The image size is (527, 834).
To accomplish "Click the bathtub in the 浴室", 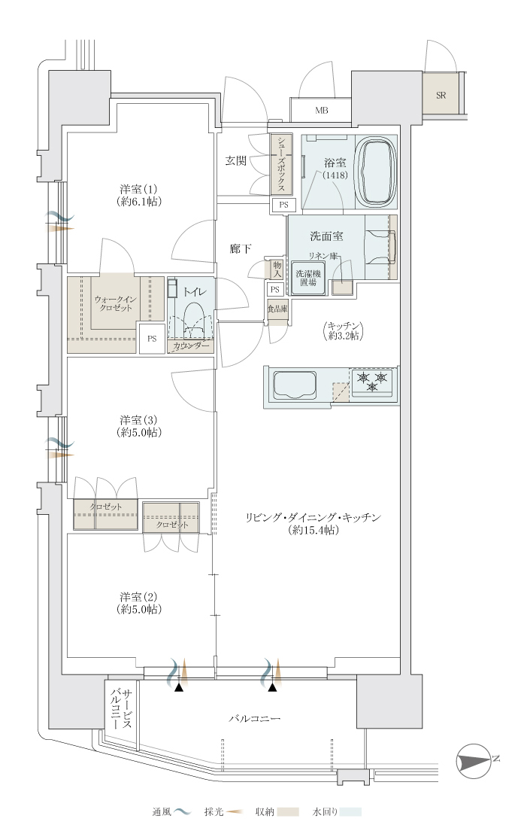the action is coord(377,172).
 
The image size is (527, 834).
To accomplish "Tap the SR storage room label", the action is coord(441,96).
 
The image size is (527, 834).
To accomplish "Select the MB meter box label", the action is coord(322,111).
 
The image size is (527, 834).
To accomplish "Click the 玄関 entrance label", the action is coord(235,160).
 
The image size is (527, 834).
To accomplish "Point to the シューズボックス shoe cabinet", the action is coord(280,164).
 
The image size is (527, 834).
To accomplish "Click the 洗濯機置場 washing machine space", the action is coord(308,278).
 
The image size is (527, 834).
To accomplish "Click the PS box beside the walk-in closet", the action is coord(152,338).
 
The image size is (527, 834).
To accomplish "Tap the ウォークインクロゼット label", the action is coord(115,303).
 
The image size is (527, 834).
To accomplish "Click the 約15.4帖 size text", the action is coord(313,531).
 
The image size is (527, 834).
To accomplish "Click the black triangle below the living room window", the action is coord(273,688).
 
